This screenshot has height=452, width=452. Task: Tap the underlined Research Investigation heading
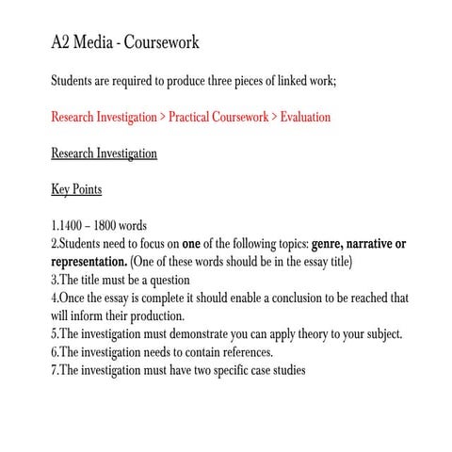(x=104, y=153)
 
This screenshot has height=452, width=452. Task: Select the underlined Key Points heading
(x=75, y=189)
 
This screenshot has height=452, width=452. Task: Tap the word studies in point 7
(x=283, y=370)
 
